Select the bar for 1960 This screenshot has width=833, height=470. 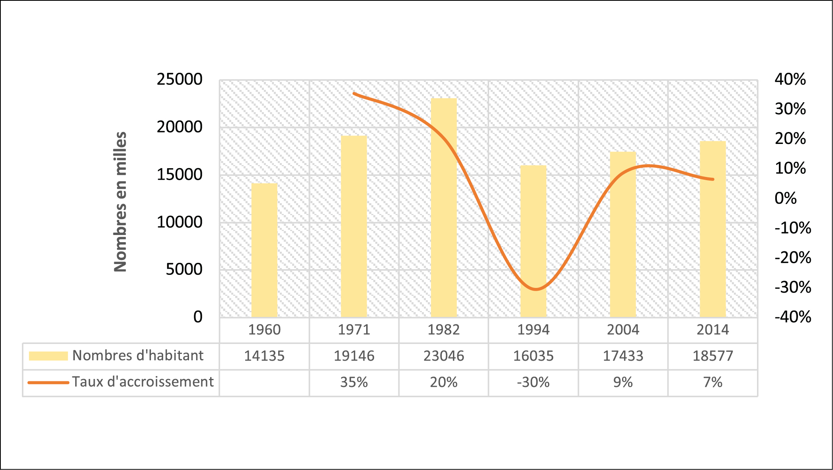pos(264,251)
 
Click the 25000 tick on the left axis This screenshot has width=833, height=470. pos(179,80)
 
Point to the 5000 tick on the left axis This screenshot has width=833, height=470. pos(184,270)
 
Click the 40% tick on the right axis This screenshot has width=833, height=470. pos(790,80)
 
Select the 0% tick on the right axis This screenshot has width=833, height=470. pos(786,198)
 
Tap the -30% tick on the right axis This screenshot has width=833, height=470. pos(792,287)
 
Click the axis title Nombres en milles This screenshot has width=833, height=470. pos(120,202)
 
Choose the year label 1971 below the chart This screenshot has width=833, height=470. pos(354,330)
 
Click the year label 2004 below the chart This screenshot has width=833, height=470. pos(623,330)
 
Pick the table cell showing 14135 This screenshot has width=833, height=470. pos(264,356)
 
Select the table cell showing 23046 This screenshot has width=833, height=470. pos(444,356)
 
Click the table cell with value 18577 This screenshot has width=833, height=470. pos(713,356)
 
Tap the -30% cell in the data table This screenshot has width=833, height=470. pos(533,383)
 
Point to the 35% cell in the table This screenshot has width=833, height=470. pos(354,383)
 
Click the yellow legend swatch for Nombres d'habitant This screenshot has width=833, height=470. pos(48,356)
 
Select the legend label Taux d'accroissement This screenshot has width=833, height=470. pos(142,382)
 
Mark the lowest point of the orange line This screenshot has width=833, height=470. pos(535,289)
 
